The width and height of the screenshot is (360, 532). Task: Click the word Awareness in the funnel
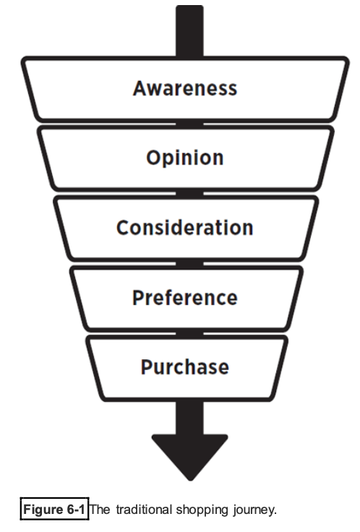[x=185, y=89]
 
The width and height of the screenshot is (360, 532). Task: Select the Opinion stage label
[x=185, y=158]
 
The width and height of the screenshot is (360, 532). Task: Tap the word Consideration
[x=185, y=228]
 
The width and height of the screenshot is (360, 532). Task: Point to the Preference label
[x=185, y=298]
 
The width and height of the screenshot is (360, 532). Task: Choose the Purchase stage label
[x=185, y=367]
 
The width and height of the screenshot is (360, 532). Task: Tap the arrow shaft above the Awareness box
[x=189, y=31]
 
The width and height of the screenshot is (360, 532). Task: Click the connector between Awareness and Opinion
[x=189, y=124]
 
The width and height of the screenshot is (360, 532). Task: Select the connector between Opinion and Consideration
[x=189, y=194]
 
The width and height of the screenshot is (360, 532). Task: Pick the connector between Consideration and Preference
[x=189, y=264]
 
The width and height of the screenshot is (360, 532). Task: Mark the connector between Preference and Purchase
[x=189, y=334]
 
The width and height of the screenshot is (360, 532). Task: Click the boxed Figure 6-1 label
[x=54, y=509]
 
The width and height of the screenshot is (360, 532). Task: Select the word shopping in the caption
[x=202, y=510]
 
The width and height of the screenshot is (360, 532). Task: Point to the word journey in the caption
[x=254, y=510]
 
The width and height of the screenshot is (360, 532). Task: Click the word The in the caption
[x=100, y=510]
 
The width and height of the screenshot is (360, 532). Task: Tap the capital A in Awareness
[x=140, y=89]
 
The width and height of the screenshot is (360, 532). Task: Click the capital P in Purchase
[x=147, y=367]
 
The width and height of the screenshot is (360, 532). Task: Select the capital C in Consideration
[x=123, y=228]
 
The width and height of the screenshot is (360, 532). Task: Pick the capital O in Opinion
[x=154, y=158]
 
